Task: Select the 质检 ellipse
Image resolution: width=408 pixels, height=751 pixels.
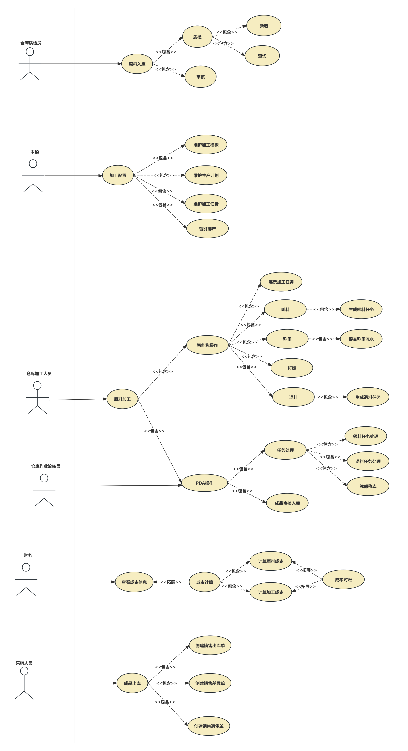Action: (x=197, y=37)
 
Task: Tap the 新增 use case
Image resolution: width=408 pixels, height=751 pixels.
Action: (x=264, y=26)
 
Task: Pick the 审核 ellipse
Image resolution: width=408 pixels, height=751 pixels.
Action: (x=200, y=77)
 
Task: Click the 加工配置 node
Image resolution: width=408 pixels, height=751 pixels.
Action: (x=118, y=175)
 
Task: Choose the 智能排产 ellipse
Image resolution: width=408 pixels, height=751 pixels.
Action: (x=207, y=229)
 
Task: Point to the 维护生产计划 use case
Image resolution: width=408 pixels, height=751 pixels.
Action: (x=206, y=175)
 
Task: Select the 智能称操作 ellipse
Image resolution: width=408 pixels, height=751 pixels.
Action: (x=207, y=345)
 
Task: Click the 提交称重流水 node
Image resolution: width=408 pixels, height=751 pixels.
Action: (x=361, y=339)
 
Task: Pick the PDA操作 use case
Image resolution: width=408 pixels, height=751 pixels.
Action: (x=204, y=483)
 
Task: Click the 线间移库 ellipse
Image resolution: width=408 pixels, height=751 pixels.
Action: (x=368, y=486)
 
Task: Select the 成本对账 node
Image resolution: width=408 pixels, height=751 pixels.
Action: (x=343, y=580)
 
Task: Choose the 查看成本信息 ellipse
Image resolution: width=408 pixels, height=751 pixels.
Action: (x=134, y=582)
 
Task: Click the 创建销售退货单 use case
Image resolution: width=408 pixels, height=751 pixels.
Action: (x=209, y=726)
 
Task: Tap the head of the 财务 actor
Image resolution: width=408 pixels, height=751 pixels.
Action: (x=26, y=567)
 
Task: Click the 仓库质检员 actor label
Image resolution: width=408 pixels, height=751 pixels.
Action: (x=31, y=43)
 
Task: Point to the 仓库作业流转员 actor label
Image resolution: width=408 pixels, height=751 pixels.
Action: (x=46, y=466)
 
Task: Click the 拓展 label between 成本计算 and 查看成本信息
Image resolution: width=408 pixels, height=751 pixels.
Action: (x=171, y=582)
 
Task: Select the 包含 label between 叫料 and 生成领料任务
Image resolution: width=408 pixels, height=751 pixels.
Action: (x=324, y=309)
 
